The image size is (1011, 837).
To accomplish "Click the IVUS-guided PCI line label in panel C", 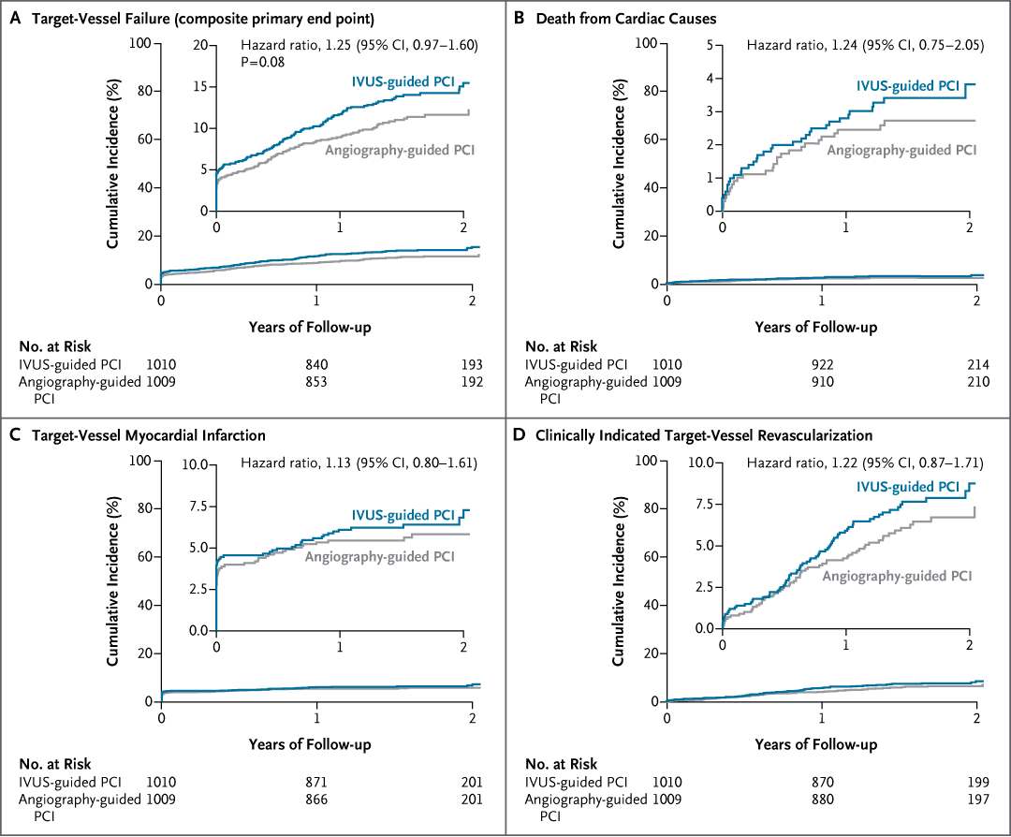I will click(x=403, y=515).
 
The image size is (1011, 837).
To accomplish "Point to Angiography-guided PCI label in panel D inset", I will click(x=897, y=575).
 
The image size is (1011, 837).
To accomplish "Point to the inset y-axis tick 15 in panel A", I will click(x=199, y=86).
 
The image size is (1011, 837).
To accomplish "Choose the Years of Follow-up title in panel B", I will click(x=815, y=327).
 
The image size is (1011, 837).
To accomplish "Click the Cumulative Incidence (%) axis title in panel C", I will click(x=111, y=580).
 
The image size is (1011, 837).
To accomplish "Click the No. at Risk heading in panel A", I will click(x=57, y=345).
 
